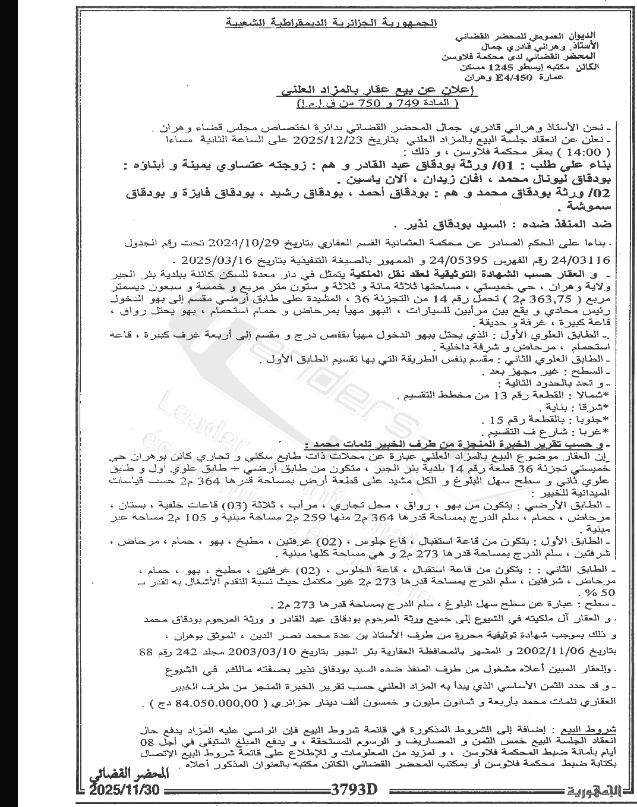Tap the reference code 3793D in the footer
[355, 790]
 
